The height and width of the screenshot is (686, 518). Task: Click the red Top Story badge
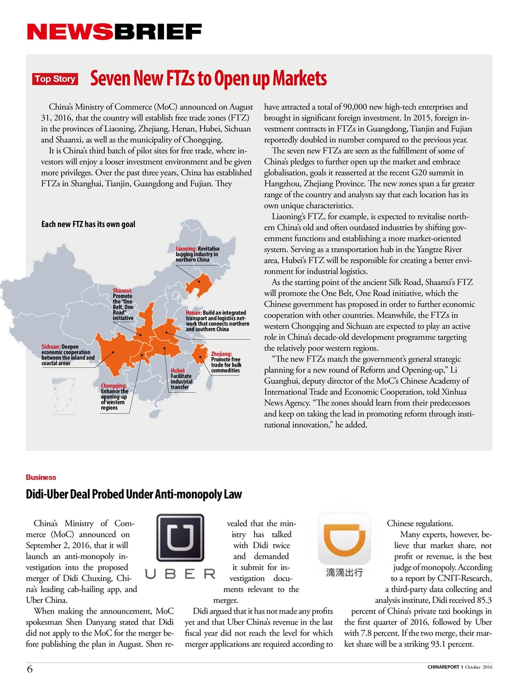[x=55, y=79]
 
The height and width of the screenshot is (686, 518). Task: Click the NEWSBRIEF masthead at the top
[x=114, y=32]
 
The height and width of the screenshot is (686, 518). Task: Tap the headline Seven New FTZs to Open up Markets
[x=208, y=79]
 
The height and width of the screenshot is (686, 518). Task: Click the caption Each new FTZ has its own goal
[x=88, y=224]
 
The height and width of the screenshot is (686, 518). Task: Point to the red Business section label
[x=41, y=477]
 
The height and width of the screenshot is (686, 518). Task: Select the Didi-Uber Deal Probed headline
[x=134, y=494]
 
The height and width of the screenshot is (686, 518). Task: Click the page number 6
[x=30, y=668]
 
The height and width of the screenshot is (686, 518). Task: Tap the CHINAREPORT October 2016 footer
[x=460, y=667]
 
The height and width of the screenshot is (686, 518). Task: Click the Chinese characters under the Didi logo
[x=344, y=573]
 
